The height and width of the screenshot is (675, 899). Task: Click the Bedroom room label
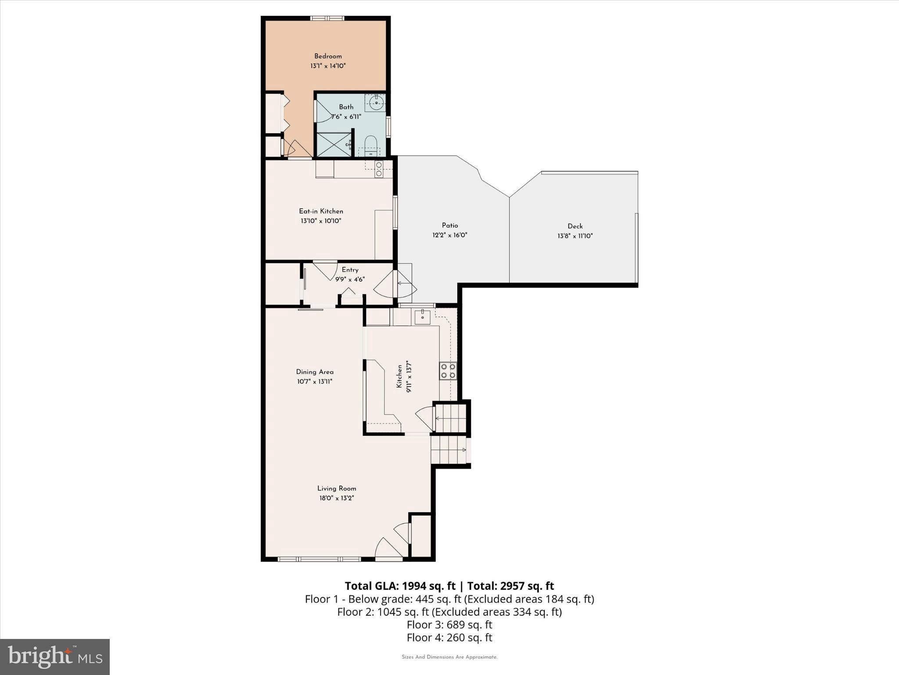[x=327, y=56]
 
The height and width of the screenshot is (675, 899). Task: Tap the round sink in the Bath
[x=376, y=103]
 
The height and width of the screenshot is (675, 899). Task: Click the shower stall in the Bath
[x=334, y=145]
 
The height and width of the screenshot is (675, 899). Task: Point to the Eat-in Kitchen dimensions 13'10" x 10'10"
[x=321, y=221]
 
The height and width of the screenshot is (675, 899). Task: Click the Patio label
[x=449, y=225]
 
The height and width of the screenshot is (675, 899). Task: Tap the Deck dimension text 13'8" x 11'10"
[x=575, y=236]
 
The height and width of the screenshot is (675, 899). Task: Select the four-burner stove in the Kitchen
[x=448, y=370]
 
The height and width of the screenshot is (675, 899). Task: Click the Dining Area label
[x=314, y=372]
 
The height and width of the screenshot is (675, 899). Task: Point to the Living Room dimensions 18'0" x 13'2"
[x=336, y=498]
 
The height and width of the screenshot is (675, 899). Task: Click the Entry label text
[x=350, y=270]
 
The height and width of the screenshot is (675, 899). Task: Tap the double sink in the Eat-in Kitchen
[x=378, y=169]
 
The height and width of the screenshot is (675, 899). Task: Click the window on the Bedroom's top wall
[x=327, y=18]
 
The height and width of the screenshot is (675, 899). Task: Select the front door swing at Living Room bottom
[x=388, y=549]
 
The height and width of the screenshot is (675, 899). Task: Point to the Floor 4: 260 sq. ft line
[x=449, y=637]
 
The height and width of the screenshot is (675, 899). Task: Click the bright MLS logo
[x=55, y=657]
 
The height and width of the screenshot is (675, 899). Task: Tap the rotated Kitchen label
[x=399, y=376]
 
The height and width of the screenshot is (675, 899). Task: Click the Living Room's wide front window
[x=319, y=559]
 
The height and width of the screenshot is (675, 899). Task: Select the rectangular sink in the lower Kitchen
[x=422, y=316]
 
